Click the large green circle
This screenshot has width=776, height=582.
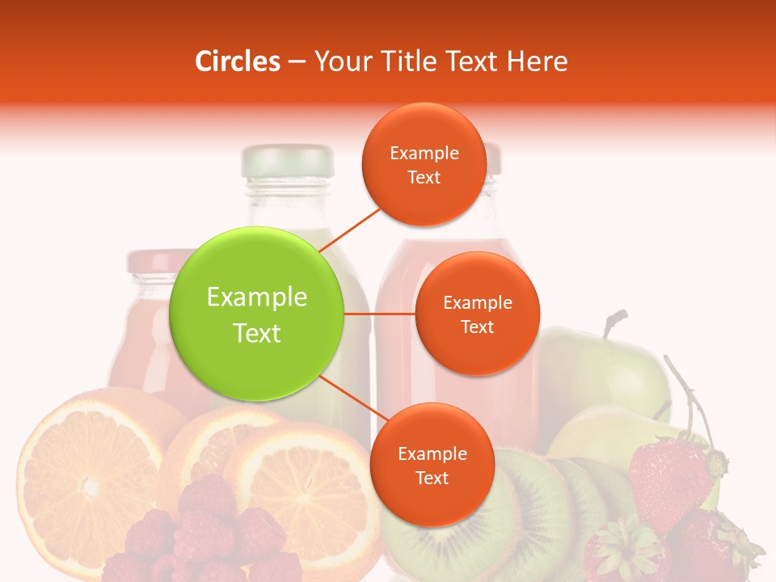click(257, 314)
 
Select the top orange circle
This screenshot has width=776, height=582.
click(424, 164)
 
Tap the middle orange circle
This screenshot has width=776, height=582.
click(477, 314)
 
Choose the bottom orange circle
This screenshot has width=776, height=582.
click(432, 465)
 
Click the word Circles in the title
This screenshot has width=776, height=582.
click(238, 61)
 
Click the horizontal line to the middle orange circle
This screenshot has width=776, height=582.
click(379, 314)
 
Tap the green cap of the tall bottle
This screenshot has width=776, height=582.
click(288, 161)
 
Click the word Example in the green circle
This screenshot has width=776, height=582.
click(257, 297)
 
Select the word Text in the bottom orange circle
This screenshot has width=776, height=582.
click(432, 478)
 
